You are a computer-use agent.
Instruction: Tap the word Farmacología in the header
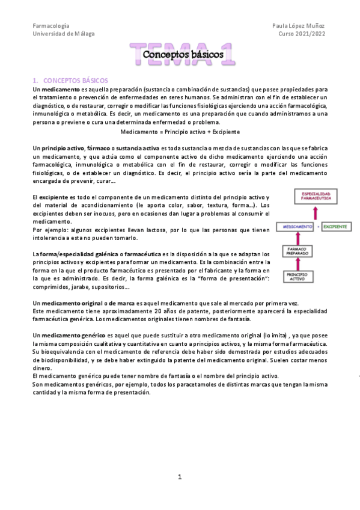click(x=50, y=26)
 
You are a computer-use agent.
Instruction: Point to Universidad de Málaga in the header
click(x=63, y=34)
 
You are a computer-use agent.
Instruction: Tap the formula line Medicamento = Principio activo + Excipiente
click(x=180, y=131)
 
